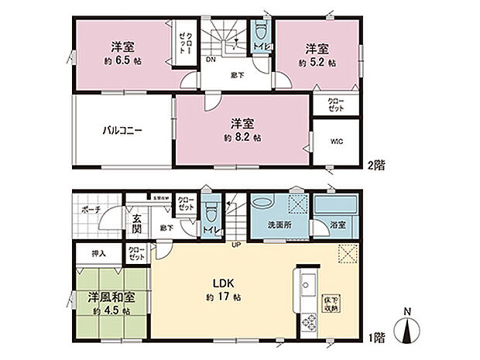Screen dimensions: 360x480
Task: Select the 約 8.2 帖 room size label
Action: pyautogui.click(x=244, y=137)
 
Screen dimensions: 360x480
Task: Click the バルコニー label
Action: pyautogui.click(x=119, y=131)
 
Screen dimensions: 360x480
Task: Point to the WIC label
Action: pyautogui.click(x=337, y=142)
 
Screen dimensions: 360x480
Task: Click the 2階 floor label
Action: pyautogui.click(x=376, y=163)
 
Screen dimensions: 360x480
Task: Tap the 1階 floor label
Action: pyautogui.click(x=376, y=338)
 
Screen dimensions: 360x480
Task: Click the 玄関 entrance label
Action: pyautogui.click(x=136, y=223)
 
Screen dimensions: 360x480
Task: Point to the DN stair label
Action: pyautogui.click(x=211, y=59)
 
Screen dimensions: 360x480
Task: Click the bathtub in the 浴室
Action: pyautogui.click(x=335, y=207)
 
